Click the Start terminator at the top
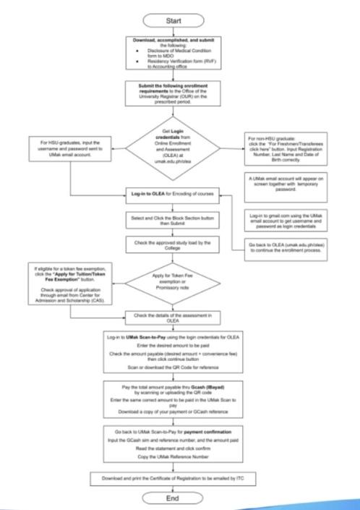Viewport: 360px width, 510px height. click(x=180, y=16)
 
